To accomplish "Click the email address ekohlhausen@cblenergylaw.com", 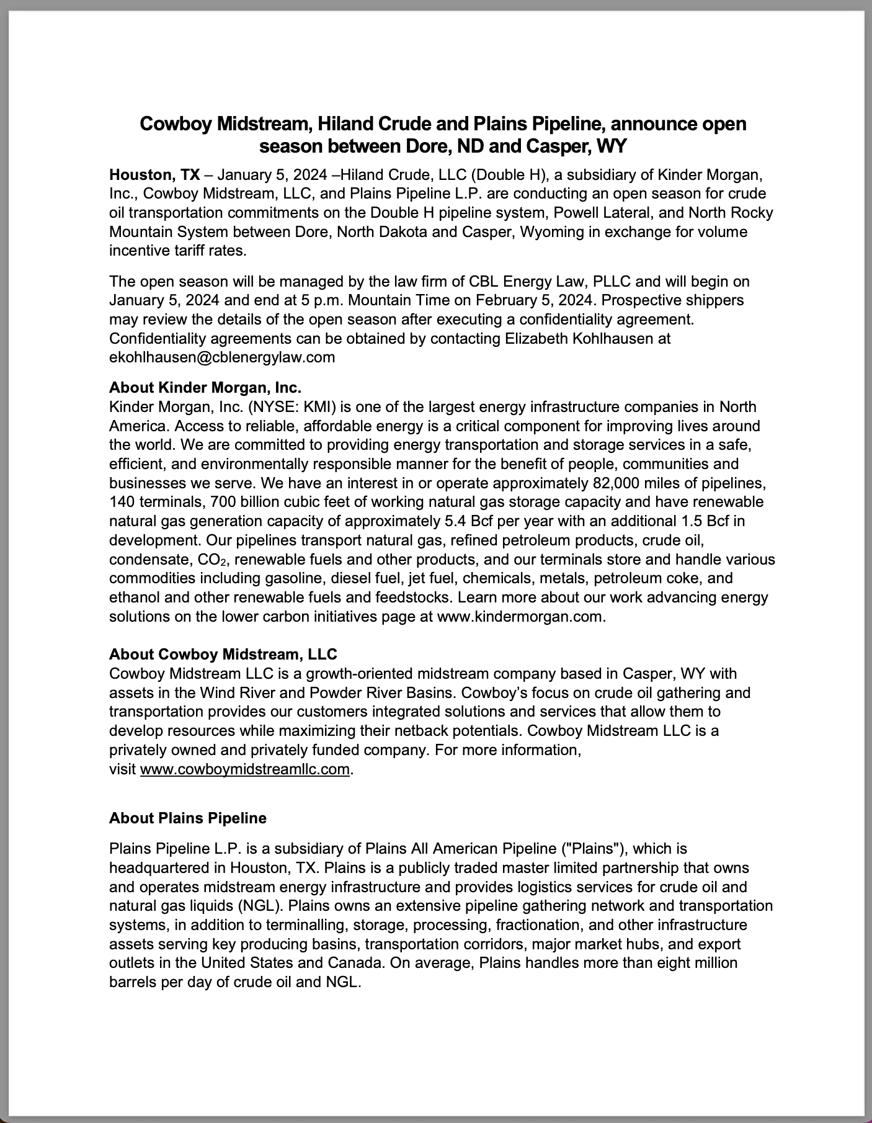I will pyautogui.click(x=222, y=357).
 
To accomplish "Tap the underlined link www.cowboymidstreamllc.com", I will pyautogui.click(x=245, y=769).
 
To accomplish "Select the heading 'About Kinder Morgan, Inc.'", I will pyautogui.click(x=205, y=388).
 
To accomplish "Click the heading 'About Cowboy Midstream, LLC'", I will pyautogui.click(x=223, y=654).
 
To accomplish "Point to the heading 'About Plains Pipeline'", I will pyautogui.click(x=188, y=818).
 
